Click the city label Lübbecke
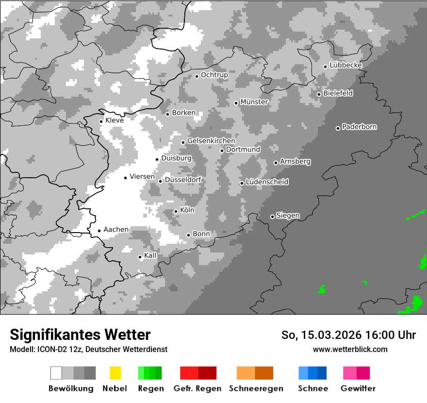coord(345,65)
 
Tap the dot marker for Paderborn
coord(338,128)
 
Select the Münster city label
coord(254,102)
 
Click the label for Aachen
coord(116,230)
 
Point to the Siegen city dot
coord(272,217)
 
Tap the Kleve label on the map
coord(115,120)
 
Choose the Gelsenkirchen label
coord(211,141)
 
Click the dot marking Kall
coord(140,257)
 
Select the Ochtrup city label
coord(214,75)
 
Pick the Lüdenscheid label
coord(267,182)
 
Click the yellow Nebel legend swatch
coord(115,373)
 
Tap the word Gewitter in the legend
coord(358,388)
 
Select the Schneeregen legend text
coord(256,388)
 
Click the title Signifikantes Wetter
coord(80,335)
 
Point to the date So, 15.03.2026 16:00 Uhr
coord(348,335)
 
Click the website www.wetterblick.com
coord(350,349)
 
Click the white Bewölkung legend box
coord(56,373)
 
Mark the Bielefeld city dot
coord(319,94)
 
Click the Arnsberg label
coord(295,161)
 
